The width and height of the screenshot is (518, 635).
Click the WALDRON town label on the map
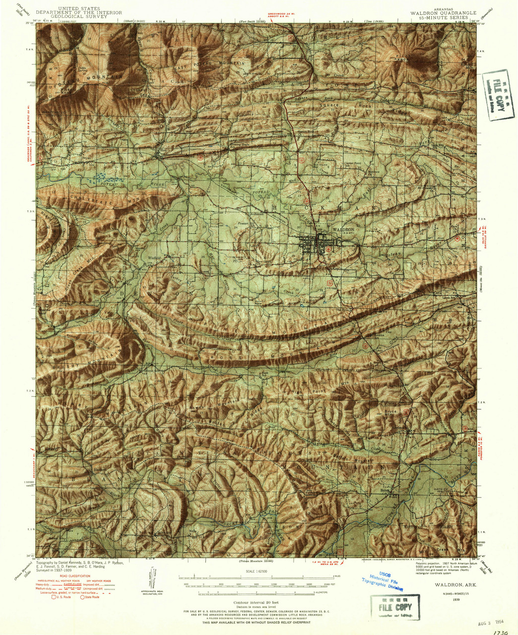pos(343,230)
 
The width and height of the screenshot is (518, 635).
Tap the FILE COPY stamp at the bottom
pos(395,607)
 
